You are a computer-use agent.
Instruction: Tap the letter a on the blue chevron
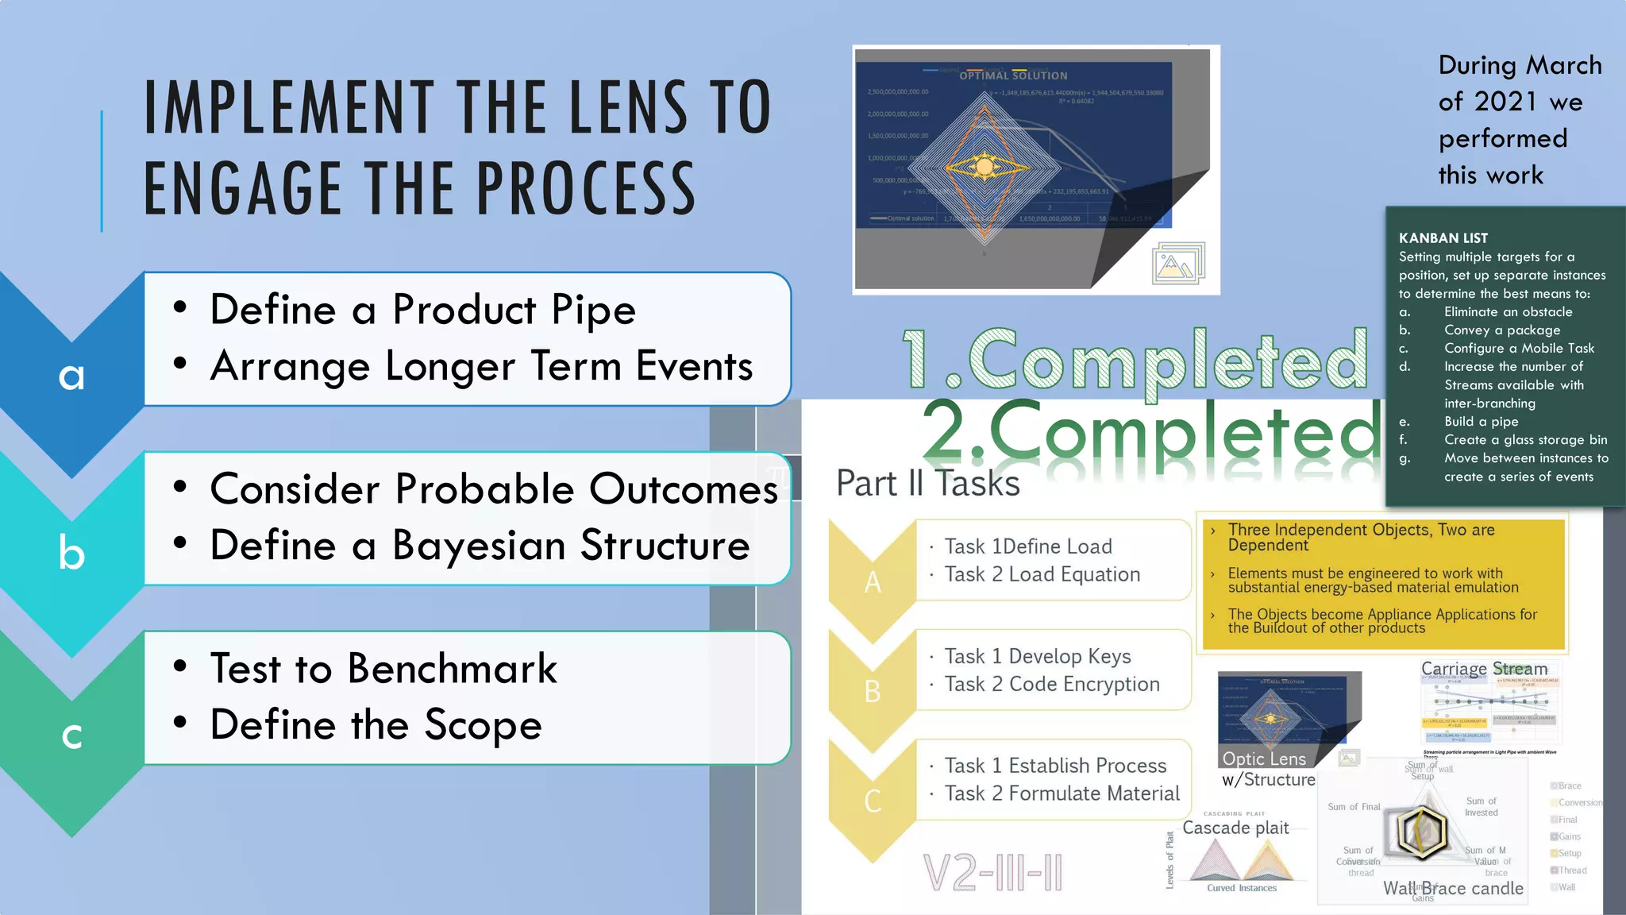point(71,376)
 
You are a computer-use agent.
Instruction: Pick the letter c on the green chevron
point(71,735)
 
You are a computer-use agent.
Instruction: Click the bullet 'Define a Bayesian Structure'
point(480,546)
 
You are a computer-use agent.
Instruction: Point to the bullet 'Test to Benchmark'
point(383,668)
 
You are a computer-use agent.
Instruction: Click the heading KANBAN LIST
point(1443,238)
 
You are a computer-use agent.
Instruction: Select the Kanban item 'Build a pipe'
point(1481,422)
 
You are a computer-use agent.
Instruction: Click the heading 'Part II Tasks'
point(927,483)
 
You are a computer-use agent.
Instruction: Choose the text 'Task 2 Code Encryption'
point(1051,684)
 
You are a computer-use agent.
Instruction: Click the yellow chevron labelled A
point(872,581)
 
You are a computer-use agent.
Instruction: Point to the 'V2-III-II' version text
point(992,873)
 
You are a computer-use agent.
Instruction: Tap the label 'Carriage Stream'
point(1484,669)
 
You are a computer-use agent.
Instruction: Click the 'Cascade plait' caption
point(1235,828)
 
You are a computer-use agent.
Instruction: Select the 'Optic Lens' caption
point(1264,759)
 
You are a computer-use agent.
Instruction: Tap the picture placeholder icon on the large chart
point(1177,264)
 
